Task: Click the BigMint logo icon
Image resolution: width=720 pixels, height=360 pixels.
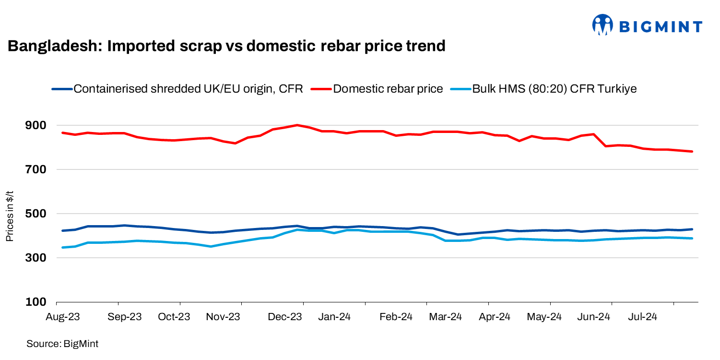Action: click(x=602, y=24)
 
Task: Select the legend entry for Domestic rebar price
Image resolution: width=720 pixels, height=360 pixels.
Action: click(x=388, y=89)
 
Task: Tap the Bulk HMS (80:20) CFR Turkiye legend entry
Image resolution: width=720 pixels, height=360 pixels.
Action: click(x=555, y=89)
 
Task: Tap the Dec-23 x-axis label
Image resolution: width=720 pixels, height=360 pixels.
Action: click(x=285, y=317)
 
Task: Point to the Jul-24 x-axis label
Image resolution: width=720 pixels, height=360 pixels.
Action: click(x=642, y=317)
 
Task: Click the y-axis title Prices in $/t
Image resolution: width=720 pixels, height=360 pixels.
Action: click(x=10, y=215)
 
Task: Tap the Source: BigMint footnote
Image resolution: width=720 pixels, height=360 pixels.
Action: click(x=62, y=344)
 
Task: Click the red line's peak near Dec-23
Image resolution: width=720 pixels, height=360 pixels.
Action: click(x=297, y=125)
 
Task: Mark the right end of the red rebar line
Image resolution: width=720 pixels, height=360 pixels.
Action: click(x=692, y=152)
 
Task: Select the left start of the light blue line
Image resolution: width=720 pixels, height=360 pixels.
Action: click(x=63, y=248)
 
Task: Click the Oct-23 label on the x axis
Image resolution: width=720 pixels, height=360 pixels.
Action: click(x=175, y=317)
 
